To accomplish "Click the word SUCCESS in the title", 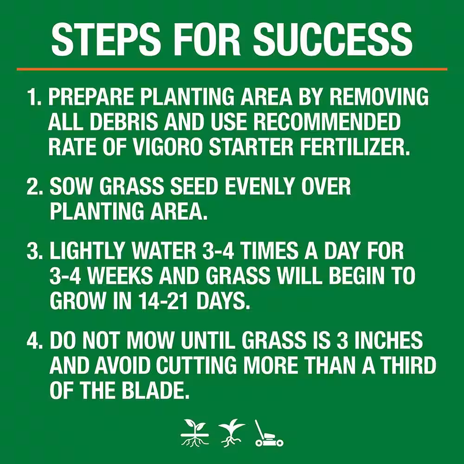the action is [x=333, y=39].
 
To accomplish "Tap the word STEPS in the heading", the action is [x=106, y=39].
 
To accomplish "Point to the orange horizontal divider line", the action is [x=232, y=69].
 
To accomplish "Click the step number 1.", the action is [x=33, y=97].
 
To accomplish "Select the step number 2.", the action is [x=34, y=186].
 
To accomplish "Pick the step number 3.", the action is [x=34, y=251].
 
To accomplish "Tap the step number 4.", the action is [x=34, y=340].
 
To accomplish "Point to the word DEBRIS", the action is [x=124, y=121].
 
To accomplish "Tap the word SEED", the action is [x=194, y=186].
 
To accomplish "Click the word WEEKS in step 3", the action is [x=120, y=276].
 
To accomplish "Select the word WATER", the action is [x=164, y=251].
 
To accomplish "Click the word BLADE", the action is [x=155, y=390].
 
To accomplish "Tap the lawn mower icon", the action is [x=269, y=433].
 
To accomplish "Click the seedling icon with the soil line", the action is [x=195, y=432].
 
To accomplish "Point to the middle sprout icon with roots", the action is [x=232, y=432].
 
